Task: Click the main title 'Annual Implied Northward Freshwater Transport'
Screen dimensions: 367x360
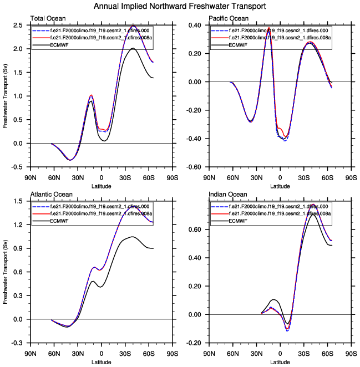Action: pos(180,7)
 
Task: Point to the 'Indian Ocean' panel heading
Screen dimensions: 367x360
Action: pos(226,195)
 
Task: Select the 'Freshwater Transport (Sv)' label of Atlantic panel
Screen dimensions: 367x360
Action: pos(6,272)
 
